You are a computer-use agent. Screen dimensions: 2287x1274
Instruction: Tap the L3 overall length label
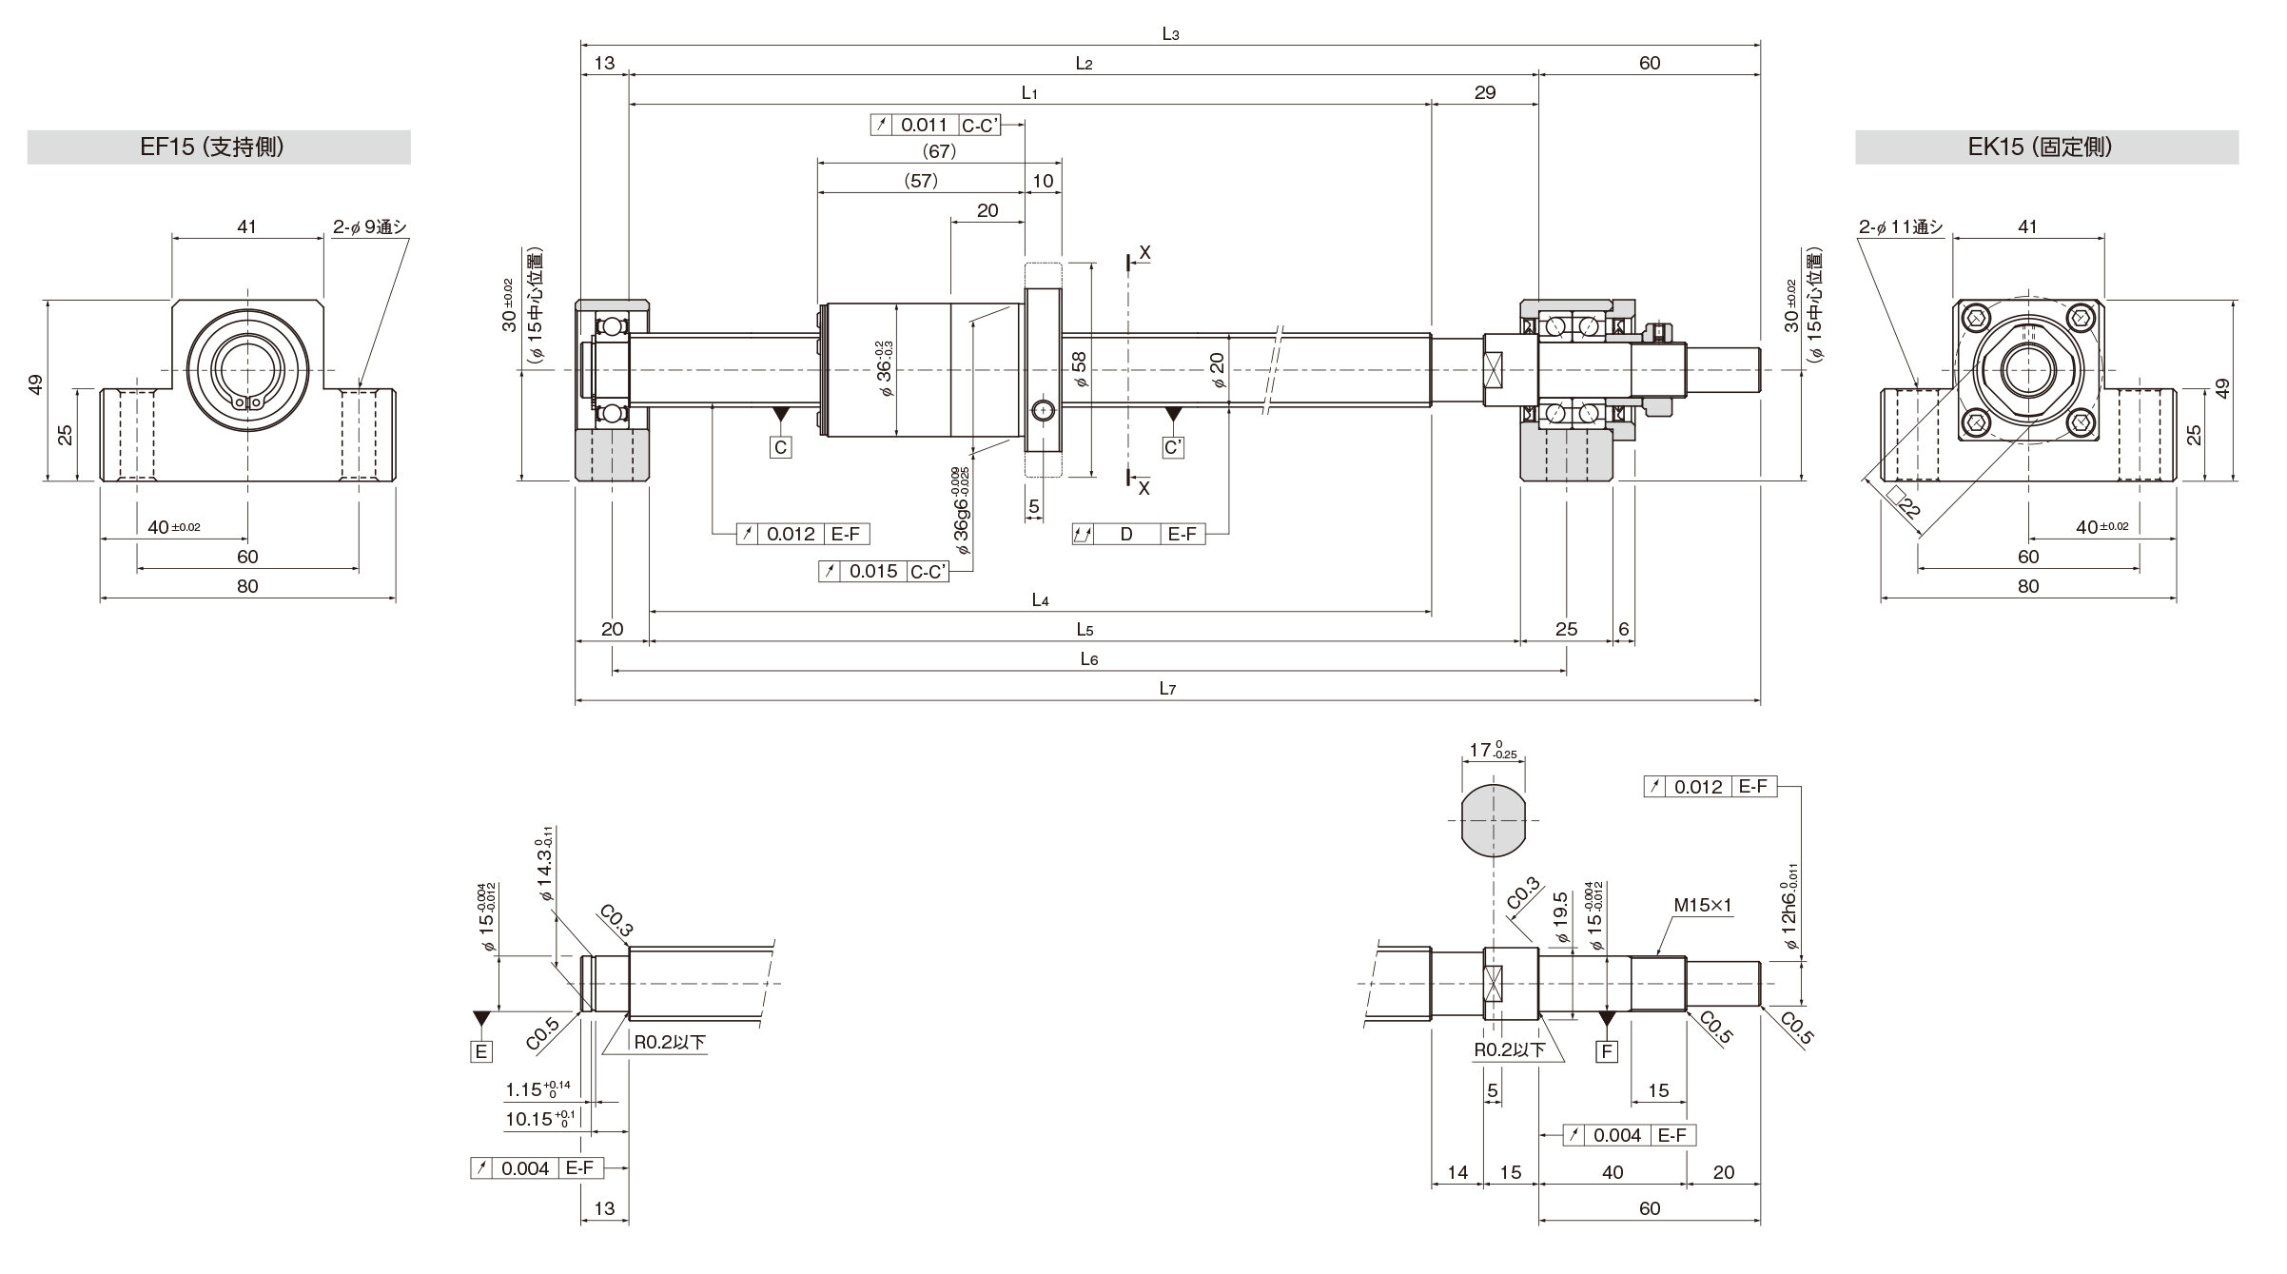coord(1170,34)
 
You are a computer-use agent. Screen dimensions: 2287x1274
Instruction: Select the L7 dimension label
coord(1167,689)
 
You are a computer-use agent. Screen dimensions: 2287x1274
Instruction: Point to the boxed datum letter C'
coord(1174,447)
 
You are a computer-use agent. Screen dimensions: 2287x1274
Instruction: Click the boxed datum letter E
coord(481,1051)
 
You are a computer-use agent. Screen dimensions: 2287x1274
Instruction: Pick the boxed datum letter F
coord(1608,1051)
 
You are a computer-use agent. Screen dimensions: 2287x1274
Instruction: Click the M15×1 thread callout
coord(1702,907)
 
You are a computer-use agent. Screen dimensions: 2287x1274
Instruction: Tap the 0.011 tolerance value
coord(924,125)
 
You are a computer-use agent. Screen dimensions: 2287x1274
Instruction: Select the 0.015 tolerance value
coord(873,571)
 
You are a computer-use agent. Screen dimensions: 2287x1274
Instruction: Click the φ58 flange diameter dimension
coord(1078,369)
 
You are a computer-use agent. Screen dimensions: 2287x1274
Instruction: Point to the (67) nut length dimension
coord(939,151)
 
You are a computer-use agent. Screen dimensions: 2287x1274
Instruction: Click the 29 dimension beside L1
coord(1484,92)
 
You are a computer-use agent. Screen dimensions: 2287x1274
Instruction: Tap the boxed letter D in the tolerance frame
coord(1126,534)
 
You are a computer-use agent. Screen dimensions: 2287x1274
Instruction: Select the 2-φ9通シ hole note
coord(370,226)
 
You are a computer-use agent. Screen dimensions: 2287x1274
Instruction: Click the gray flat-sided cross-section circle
coord(1493,820)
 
